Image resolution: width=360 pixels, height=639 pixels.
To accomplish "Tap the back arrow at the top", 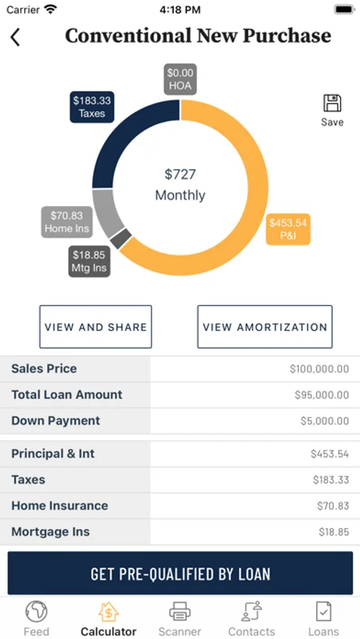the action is point(15,38).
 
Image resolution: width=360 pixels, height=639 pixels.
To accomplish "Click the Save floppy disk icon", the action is point(332,103).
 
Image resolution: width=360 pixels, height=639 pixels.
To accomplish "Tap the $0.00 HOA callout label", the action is point(181,79).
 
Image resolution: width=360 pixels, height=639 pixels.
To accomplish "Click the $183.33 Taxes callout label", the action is point(92,106).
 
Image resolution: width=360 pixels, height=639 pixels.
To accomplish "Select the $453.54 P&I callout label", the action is point(288,229).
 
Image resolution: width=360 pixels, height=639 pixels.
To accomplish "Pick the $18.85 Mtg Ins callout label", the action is point(89,261).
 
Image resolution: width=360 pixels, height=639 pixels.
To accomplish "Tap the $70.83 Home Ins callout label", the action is point(67,222).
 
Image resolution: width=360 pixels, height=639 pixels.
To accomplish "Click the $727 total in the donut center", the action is point(180,175).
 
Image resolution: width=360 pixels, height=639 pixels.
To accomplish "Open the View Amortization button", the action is point(265,327).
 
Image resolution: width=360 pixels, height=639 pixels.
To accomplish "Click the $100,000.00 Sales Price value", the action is point(320,369).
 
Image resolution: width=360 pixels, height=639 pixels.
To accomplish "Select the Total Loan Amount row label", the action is point(67,395).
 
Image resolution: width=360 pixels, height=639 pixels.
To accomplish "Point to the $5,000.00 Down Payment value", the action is point(324,421).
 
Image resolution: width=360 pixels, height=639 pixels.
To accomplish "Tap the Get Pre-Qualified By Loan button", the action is point(180,573).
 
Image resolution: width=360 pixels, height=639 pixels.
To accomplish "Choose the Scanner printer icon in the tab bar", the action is point(180,612).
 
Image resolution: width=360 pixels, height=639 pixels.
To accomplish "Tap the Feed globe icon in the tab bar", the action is point(36,612).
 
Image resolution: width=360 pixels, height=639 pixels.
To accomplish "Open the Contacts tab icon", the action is point(251,612).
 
